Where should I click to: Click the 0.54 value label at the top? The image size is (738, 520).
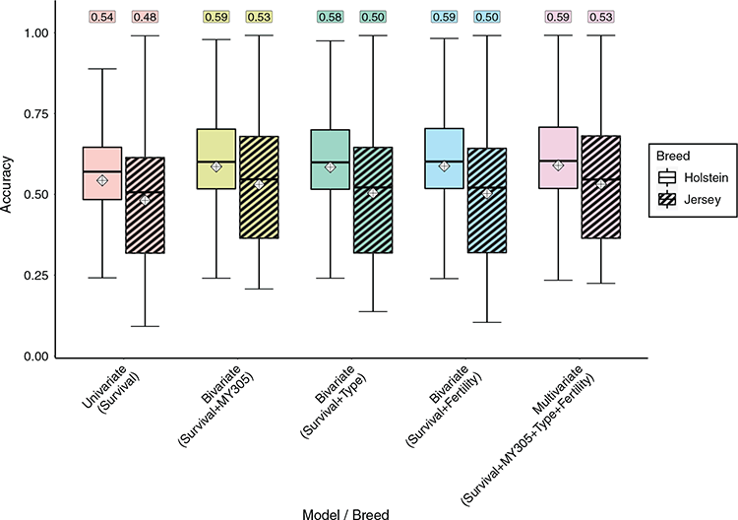point(102,17)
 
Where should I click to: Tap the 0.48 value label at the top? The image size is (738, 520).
point(145,17)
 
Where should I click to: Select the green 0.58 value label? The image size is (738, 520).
point(331,17)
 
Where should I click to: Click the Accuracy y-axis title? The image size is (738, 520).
point(7,184)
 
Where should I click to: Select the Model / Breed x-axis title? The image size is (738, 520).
point(345,514)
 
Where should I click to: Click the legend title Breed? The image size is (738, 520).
point(673,156)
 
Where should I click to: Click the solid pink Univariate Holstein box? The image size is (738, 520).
point(102,173)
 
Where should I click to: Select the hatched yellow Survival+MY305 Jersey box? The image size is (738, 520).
point(259,187)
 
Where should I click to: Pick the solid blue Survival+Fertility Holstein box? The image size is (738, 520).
point(445,159)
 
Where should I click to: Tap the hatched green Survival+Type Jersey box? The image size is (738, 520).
point(373,200)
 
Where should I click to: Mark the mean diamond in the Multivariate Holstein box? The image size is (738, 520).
point(558,165)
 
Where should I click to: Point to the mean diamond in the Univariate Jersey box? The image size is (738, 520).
point(145,200)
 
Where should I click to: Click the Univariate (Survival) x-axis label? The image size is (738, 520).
point(111,389)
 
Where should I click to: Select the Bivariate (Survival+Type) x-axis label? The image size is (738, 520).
point(334,402)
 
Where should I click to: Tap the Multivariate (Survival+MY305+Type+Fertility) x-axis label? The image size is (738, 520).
point(528,434)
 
